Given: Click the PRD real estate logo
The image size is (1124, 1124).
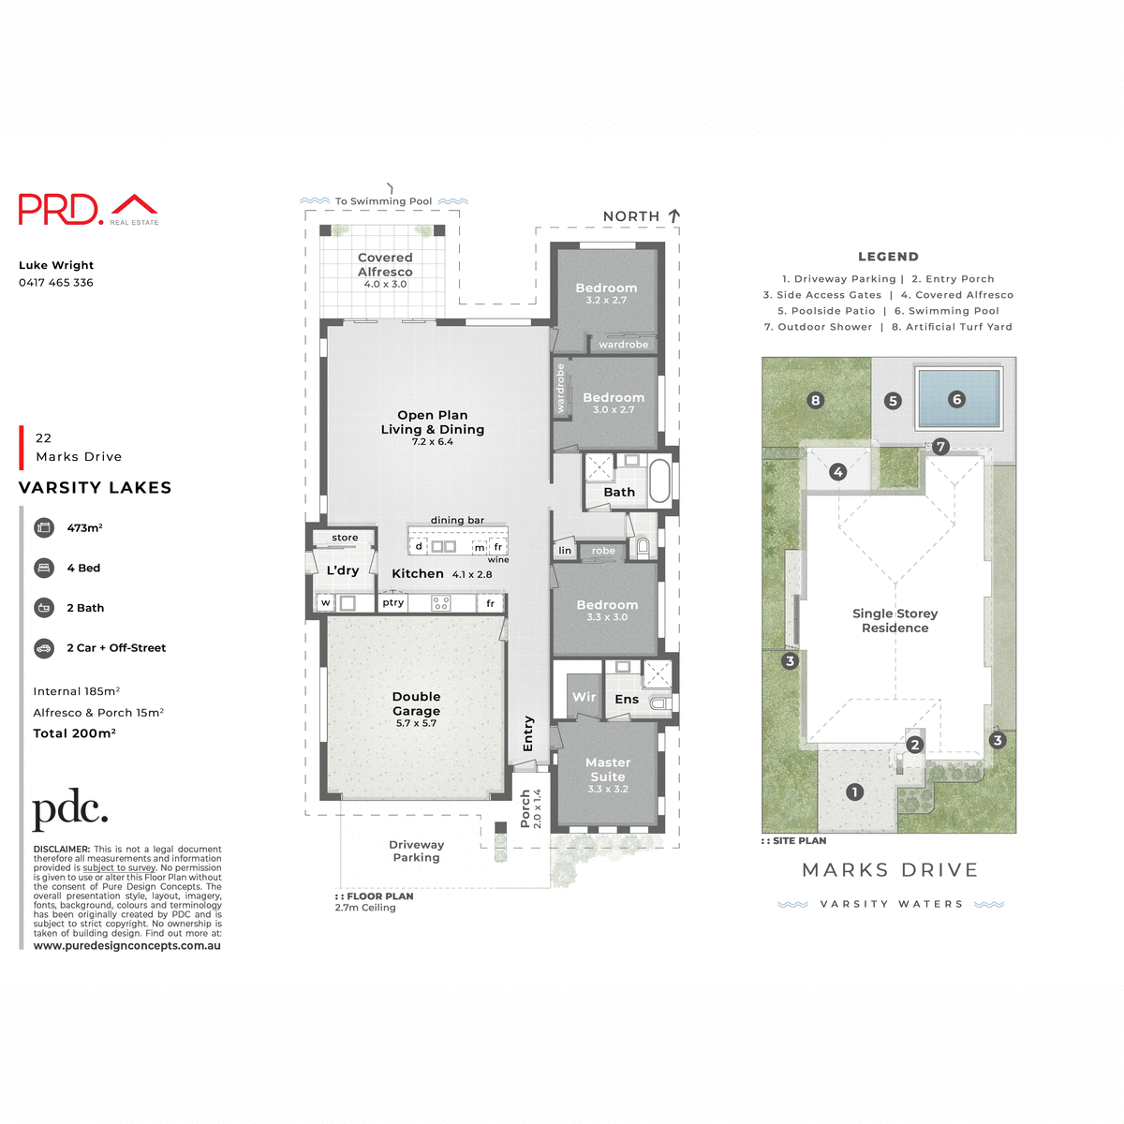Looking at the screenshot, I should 88,209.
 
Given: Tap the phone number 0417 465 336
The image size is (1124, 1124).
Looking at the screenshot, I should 56,282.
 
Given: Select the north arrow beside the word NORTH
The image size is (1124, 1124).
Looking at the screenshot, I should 674,216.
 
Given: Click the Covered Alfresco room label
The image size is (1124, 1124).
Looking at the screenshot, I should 385,265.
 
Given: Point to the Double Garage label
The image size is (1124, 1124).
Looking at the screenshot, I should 416,704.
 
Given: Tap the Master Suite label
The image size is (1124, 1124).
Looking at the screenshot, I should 608,770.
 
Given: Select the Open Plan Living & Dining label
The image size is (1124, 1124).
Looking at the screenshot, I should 433,422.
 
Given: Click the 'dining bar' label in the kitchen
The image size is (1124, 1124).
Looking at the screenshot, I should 457,520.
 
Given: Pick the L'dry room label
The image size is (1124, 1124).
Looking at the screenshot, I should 343,570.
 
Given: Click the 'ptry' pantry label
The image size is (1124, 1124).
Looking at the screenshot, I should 393,603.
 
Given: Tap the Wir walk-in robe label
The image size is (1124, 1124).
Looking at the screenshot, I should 584,697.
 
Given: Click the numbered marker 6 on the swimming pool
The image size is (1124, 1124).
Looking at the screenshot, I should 956,399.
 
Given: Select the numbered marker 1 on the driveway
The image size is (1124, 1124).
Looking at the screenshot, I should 854,792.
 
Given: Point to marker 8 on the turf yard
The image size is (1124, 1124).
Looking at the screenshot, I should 815,400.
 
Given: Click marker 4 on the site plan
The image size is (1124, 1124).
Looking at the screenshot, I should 838,472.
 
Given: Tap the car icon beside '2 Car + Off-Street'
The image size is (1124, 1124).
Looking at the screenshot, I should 44,648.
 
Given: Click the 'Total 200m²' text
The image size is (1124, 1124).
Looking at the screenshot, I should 75,733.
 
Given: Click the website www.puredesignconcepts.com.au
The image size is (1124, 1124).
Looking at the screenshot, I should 127,946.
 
